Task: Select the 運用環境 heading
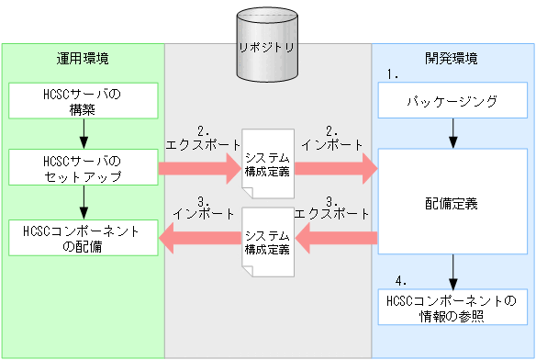pos(83,59)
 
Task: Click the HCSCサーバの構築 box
pos(83,103)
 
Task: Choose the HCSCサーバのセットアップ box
pos(83,169)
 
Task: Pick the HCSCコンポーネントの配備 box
pos(83,238)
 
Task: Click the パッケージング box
pos(452,101)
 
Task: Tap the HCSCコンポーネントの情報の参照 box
pos(452,308)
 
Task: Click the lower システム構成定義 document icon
pos(268,242)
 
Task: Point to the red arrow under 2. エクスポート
pos(198,169)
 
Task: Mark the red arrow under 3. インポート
pos(198,241)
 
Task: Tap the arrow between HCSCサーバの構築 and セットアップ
pos(83,137)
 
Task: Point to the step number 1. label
pos(395,73)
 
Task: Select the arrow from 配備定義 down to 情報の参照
pos(452,271)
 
